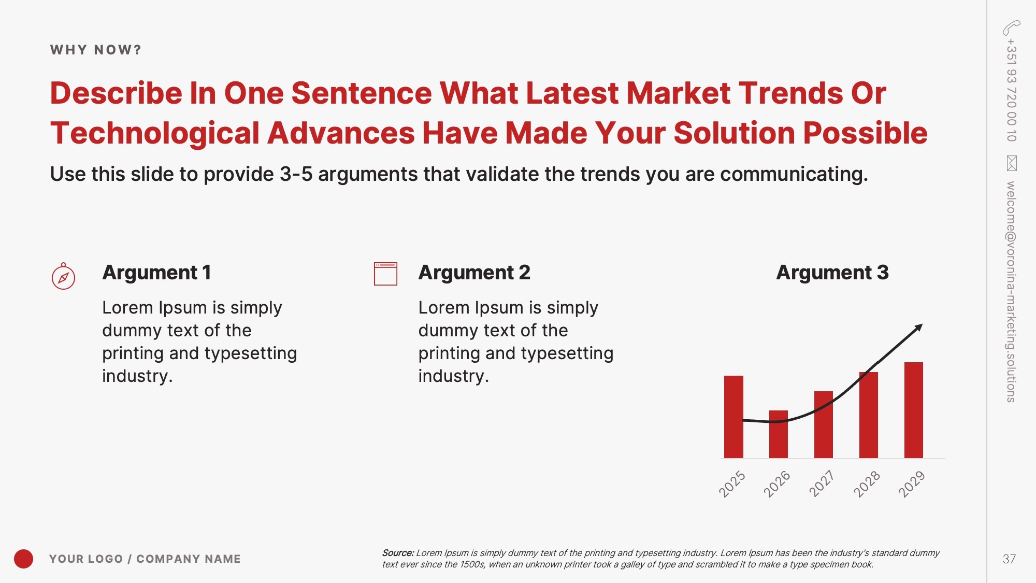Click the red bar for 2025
(x=733, y=417)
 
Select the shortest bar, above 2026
(x=779, y=434)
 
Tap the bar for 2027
(x=824, y=424)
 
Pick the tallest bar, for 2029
(x=914, y=410)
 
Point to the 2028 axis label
(x=867, y=484)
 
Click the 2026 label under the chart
(x=777, y=484)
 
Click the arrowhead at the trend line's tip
(x=919, y=328)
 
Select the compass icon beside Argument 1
(x=63, y=276)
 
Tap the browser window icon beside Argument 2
(x=385, y=274)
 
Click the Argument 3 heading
(x=832, y=273)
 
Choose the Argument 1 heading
(x=156, y=273)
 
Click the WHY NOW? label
(x=96, y=50)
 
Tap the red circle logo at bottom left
(x=23, y=559)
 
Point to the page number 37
(x=1009, y=559)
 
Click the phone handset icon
(x=1011, y=27)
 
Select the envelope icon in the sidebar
(x=1012, y=163)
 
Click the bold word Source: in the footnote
(x=398, y=553)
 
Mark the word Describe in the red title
(x=116, y=93)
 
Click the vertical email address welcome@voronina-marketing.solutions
(x=1011, y=292)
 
